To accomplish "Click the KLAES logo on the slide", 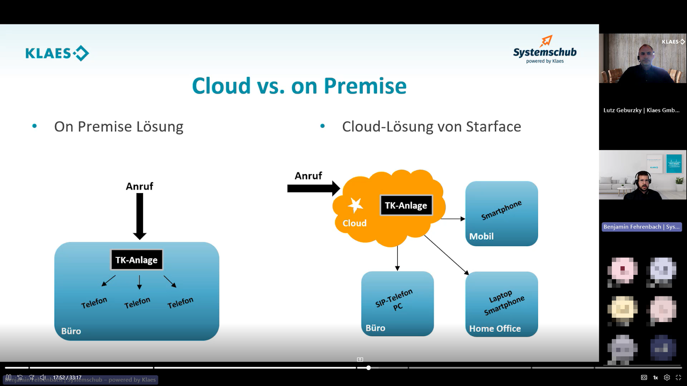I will tap(57, 53).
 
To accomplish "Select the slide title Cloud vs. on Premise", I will tap(299, 86).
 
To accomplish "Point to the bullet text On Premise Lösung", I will tap(119, 127).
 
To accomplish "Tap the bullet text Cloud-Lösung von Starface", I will tap(431, 127).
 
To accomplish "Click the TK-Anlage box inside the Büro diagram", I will tap(137, 260).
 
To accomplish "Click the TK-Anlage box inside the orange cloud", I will tap(406, 205).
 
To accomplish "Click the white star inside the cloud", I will tap(355, 205).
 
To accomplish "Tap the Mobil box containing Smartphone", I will tap(502, 214).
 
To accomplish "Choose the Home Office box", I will tap(502, 304).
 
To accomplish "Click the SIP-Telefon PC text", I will tap(395, 299).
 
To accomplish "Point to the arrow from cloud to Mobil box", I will tap(453, 219).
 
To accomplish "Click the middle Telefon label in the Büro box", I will tap(137, 303).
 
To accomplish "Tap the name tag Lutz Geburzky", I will tap(641, 110).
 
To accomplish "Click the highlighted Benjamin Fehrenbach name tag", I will tap(641, 227).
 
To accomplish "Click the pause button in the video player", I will tap(9, 377).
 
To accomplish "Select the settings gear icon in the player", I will tap(667, 377).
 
